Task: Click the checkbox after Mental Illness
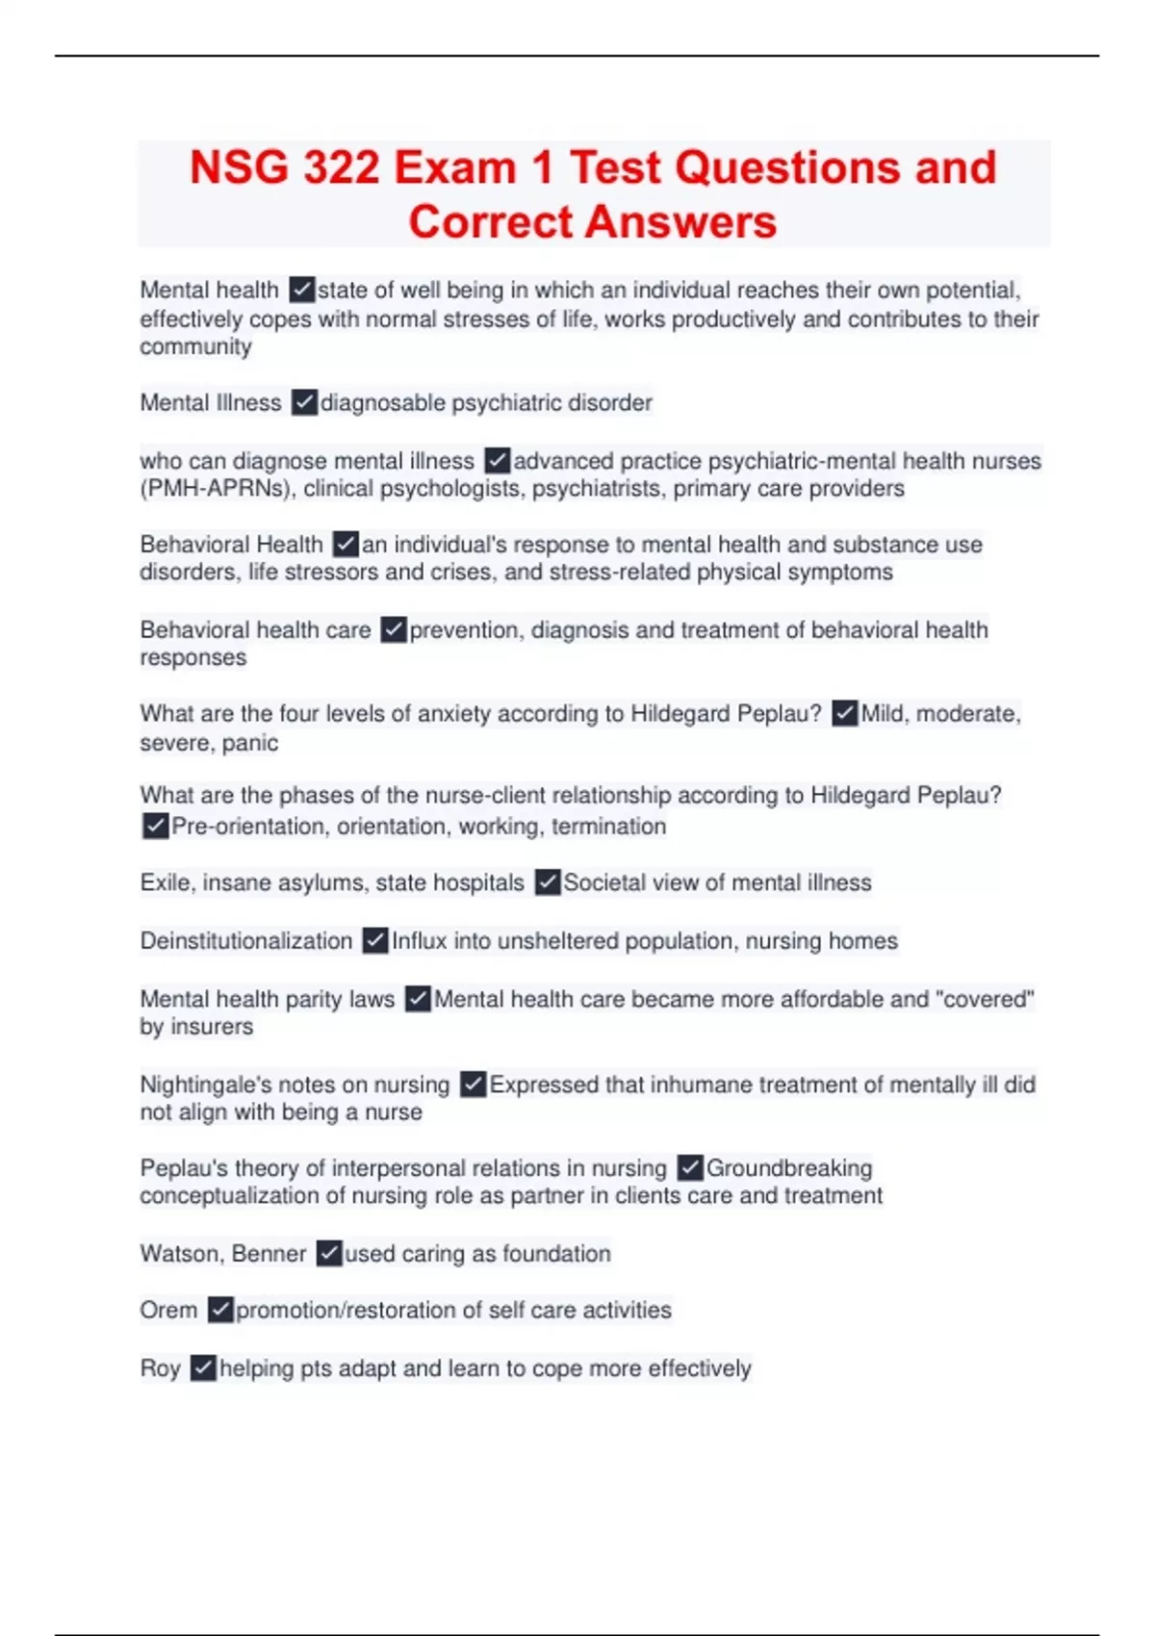tap(304, 402)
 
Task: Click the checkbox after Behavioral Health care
tap(394, 630)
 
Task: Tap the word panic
tap(250, 743)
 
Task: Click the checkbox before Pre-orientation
tap(155, 827)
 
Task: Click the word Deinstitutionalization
tap(246, 941)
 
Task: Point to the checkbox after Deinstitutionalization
tap(375, 941)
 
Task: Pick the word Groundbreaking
tap(789, 1168)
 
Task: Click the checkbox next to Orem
tap(220, 1310)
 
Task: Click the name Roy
tap(160, 1368)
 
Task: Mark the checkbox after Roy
tap(203, 1368)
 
